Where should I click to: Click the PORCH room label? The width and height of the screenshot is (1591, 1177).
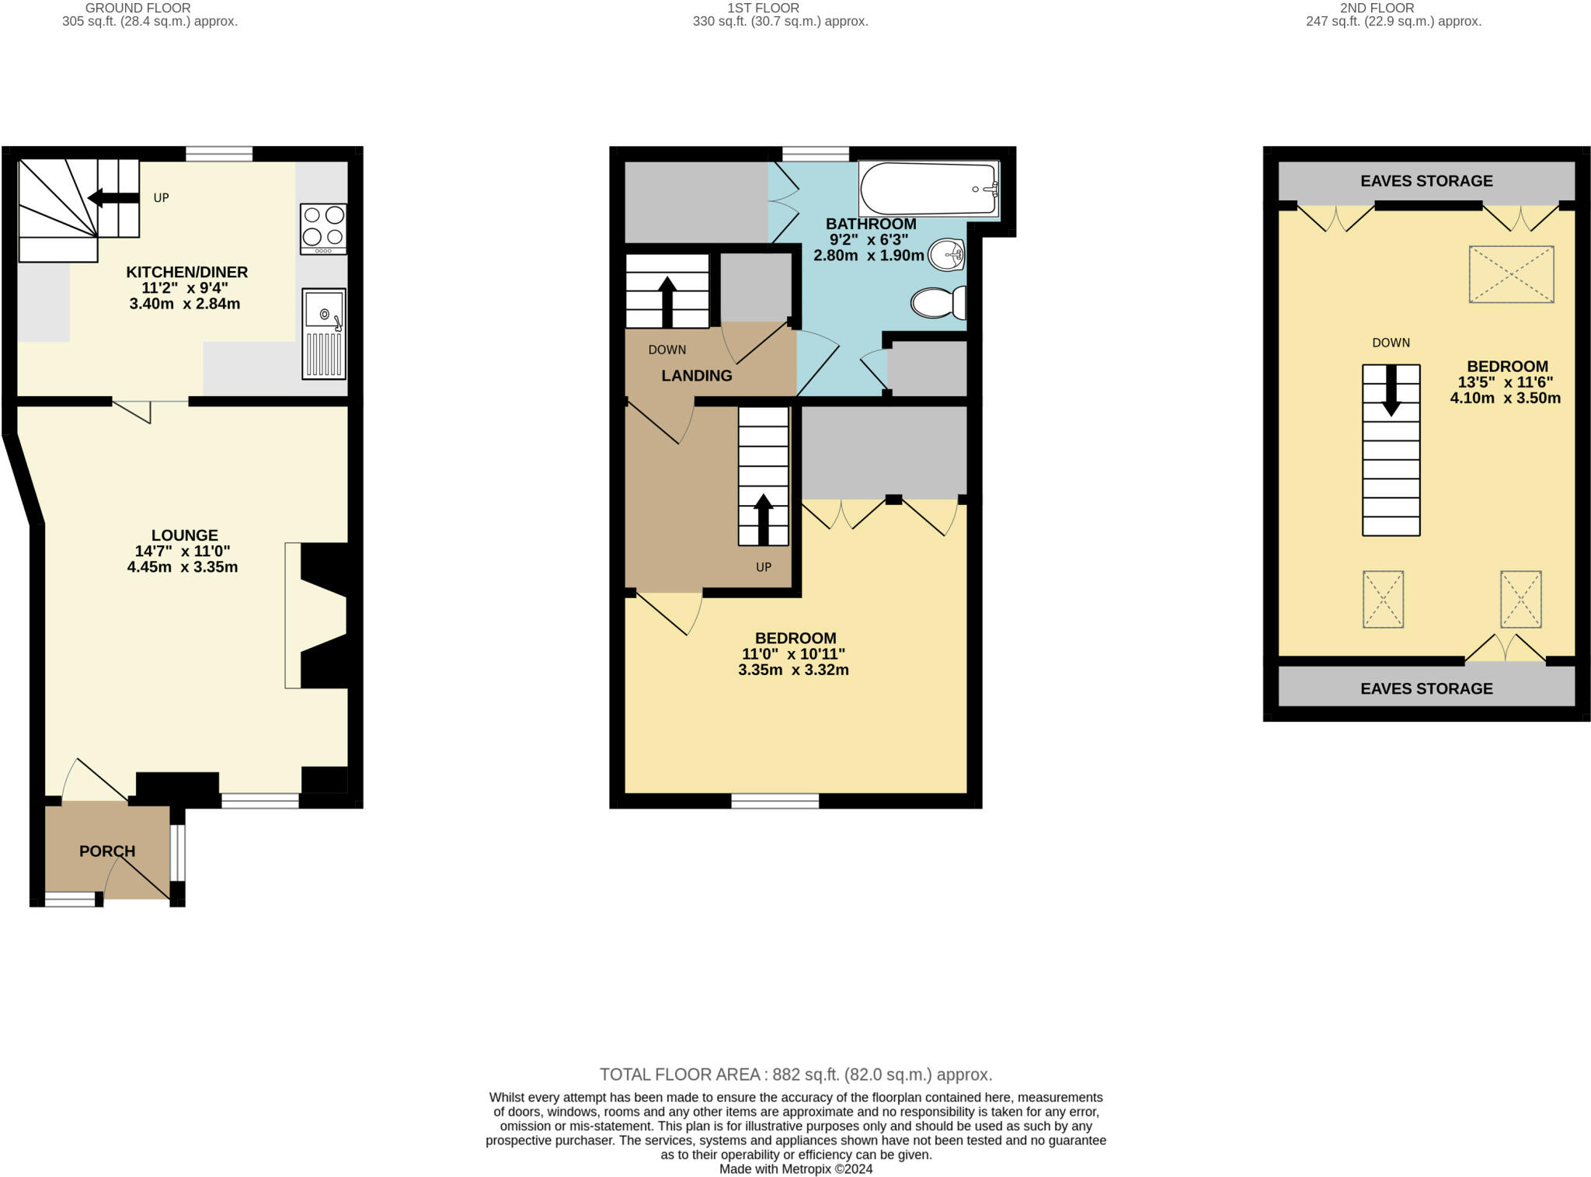tap(107, 851)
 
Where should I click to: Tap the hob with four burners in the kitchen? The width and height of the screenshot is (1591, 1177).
tap(323, 229)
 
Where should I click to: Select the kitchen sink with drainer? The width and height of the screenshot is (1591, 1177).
tap(324, 334)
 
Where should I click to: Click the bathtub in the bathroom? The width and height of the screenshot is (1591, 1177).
tap(928, 189)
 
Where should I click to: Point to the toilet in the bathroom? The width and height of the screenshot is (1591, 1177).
tap(938, 303)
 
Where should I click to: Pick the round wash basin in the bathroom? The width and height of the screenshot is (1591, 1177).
tap(947, 253)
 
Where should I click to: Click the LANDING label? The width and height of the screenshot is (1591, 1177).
tap(697, 376)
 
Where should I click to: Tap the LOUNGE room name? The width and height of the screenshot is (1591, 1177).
tap(185, 535)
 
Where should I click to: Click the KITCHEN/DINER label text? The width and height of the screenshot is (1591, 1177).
tap(187, 272)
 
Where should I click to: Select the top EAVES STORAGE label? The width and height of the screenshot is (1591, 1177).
tap(1426, 181)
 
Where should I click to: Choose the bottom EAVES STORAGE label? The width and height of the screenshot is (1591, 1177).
tap(1426, 689)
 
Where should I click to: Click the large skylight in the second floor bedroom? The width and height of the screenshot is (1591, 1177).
tap(1511, 274)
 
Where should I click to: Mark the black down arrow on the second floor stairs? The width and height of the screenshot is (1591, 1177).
tap(1391, 391)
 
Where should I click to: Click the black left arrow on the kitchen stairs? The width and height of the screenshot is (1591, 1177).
tap(113, 198)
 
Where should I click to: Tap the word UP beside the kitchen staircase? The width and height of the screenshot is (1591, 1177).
tap(161, 198)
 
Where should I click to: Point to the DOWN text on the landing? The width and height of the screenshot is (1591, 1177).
tap(667, 350)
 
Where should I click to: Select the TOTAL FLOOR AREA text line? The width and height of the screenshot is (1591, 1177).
tap(796, 1074)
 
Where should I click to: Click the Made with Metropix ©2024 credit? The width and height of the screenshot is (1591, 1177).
tap(796, 1169)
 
